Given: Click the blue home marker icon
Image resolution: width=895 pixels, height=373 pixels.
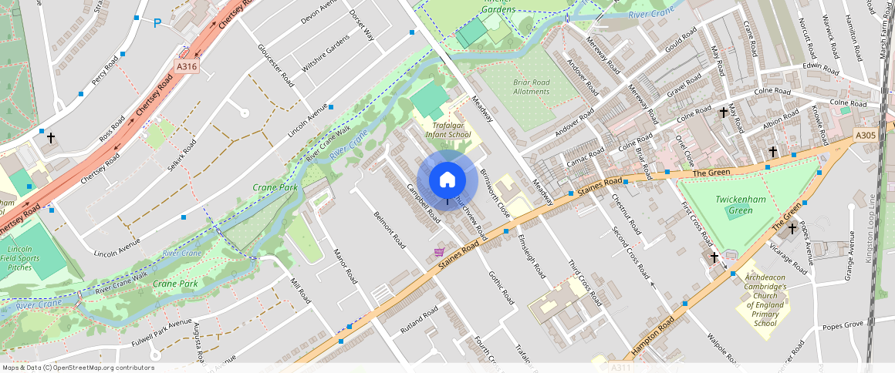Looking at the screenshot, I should (x=447, y=180).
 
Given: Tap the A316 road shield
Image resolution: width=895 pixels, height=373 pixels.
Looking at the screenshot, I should (x=187, y=67).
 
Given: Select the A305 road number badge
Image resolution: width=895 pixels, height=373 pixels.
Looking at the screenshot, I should (x=866, y=136).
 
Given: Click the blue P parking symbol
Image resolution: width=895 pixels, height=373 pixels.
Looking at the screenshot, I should (x=157, y=23).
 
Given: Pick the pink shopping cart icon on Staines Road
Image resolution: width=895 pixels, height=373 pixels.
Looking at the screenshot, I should (x=439, y=252).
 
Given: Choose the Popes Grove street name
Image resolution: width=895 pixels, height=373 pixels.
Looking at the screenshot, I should (x=843, y=325).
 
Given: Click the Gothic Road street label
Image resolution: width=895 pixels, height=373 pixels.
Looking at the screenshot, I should (x=501, y=286).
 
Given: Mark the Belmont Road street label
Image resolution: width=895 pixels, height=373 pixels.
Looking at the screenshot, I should (x=389, y=229).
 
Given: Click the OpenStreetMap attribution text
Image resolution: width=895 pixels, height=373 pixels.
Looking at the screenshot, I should (x=78, y=368).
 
